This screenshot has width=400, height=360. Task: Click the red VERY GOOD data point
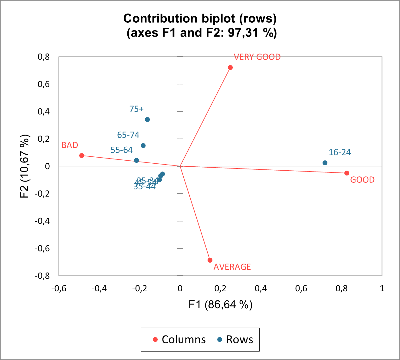230,67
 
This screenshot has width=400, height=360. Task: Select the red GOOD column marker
347,173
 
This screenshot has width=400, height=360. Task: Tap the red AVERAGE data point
210,260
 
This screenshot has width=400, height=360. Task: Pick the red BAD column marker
82,155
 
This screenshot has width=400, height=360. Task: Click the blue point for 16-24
325,163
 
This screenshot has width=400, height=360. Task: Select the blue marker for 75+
147,119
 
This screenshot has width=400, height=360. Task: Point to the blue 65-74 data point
143,146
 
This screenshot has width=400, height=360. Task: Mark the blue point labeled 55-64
136,160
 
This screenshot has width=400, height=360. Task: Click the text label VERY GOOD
257,57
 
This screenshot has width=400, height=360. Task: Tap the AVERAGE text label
232,267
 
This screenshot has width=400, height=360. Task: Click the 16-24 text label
339,152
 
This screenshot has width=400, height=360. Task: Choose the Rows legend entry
235,339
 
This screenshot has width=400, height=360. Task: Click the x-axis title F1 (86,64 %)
220,304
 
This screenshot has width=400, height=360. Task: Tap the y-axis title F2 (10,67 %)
25,166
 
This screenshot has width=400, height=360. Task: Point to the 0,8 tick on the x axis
342,288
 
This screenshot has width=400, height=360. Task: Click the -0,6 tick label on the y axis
42,248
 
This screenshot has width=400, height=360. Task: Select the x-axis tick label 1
382,288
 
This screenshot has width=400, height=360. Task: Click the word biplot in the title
220,19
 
